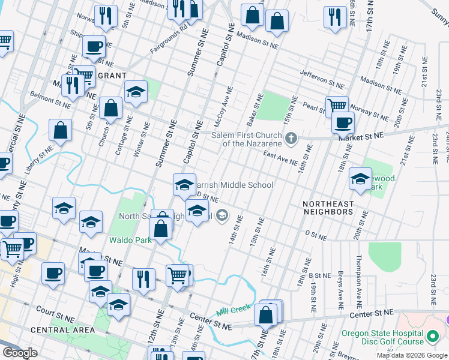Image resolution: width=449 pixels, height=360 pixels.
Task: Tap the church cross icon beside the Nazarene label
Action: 291,139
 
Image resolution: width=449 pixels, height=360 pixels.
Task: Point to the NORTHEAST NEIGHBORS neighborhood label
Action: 328,207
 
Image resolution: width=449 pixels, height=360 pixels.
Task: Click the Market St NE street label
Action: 360,137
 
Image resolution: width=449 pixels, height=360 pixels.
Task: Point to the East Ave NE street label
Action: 281,158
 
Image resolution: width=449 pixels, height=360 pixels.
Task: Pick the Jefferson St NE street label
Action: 322,79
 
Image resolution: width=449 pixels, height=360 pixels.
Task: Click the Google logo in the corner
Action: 20,353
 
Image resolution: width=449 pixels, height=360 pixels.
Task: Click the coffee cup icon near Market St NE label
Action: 343,122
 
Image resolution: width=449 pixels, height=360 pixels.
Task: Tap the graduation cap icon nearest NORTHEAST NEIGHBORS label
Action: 360,179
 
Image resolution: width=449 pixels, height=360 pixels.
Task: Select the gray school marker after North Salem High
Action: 222,215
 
